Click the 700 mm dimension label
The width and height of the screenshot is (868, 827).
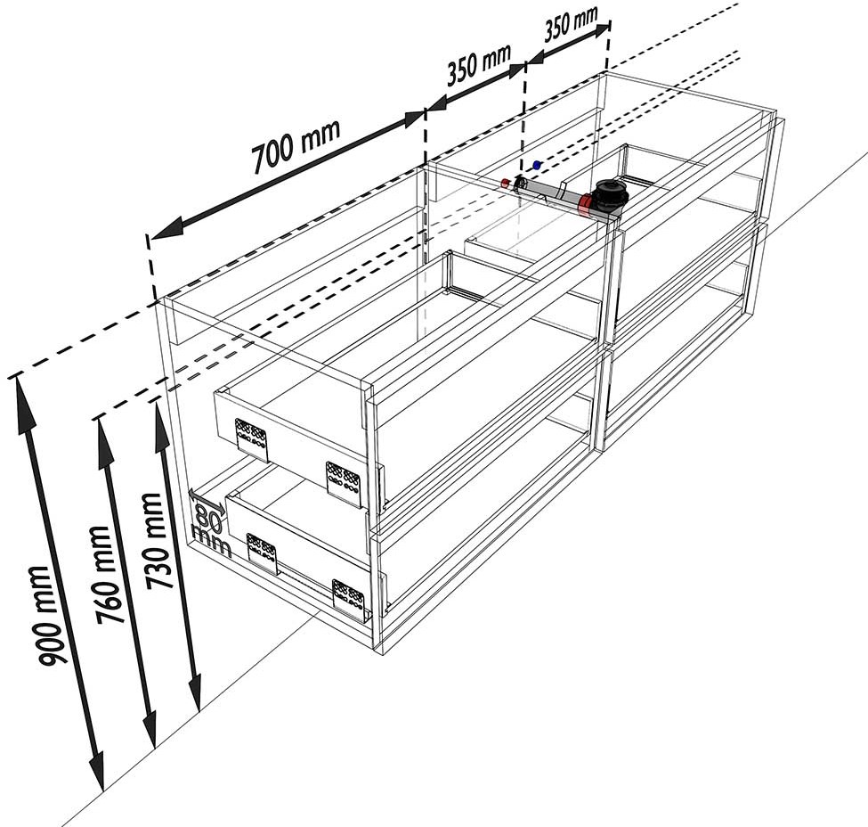pyautogui.click(x=296, y=146)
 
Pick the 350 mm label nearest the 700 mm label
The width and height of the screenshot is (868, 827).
pyautogui.click(x=479, y=65)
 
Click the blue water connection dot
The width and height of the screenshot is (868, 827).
pyautogui.click(x=537, y=165)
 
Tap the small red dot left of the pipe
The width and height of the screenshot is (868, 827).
pyautogui.click(x=506, y=183)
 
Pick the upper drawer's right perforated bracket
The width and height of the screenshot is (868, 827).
pyautogui.click(x=344, y=484)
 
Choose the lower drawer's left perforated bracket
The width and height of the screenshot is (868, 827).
pyautogui.click(x=262, y=554)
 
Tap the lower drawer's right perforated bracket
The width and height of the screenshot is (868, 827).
pyautogui.click(x=349, y=599)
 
